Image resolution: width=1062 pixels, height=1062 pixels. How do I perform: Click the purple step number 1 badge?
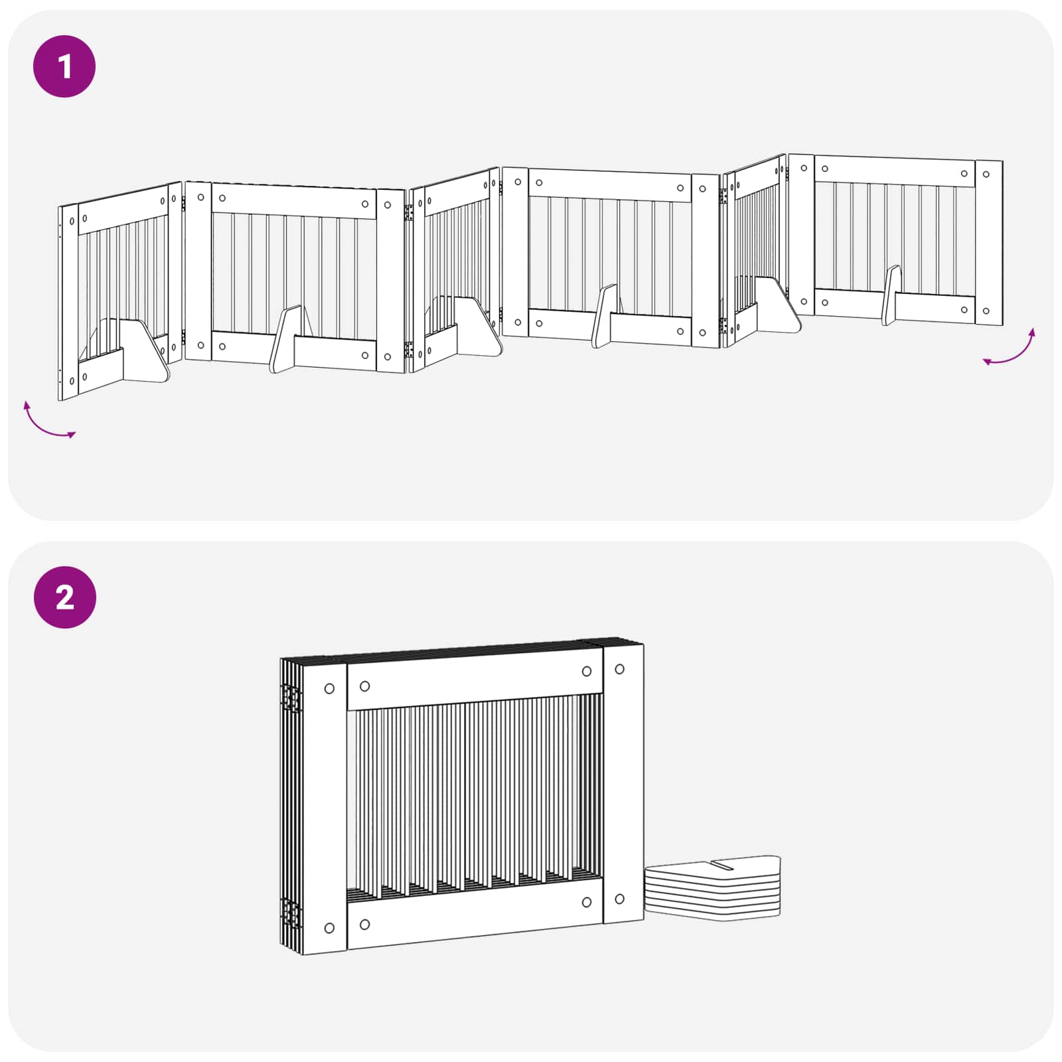(64, 66)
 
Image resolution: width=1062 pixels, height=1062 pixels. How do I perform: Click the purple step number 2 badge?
(64, 597)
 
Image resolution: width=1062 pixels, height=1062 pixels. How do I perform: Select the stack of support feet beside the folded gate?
(713, 887)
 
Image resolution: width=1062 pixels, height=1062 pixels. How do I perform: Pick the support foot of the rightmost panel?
(891, 295)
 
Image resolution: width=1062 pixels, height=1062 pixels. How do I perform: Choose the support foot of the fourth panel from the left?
(605, 316)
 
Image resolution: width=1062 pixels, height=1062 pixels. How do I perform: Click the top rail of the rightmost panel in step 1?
(895, 171)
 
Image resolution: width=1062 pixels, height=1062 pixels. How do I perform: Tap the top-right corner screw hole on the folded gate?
(619, 669)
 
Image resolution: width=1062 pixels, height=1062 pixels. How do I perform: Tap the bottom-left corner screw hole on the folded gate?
(329, 928)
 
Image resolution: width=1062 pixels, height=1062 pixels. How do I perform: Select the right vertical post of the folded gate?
(623, 784)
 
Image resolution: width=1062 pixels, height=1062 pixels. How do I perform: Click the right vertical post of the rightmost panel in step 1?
(989, 243)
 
